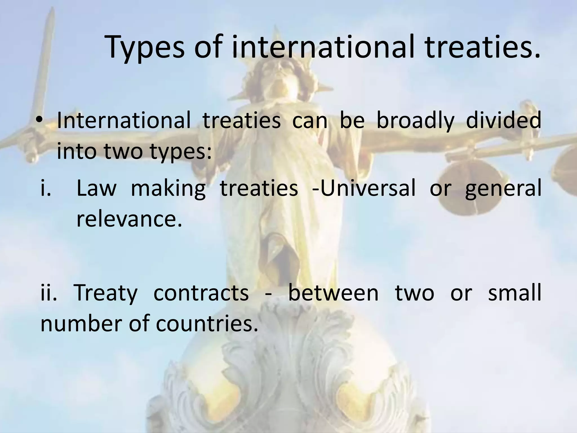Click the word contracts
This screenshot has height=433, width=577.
point(201,293)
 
